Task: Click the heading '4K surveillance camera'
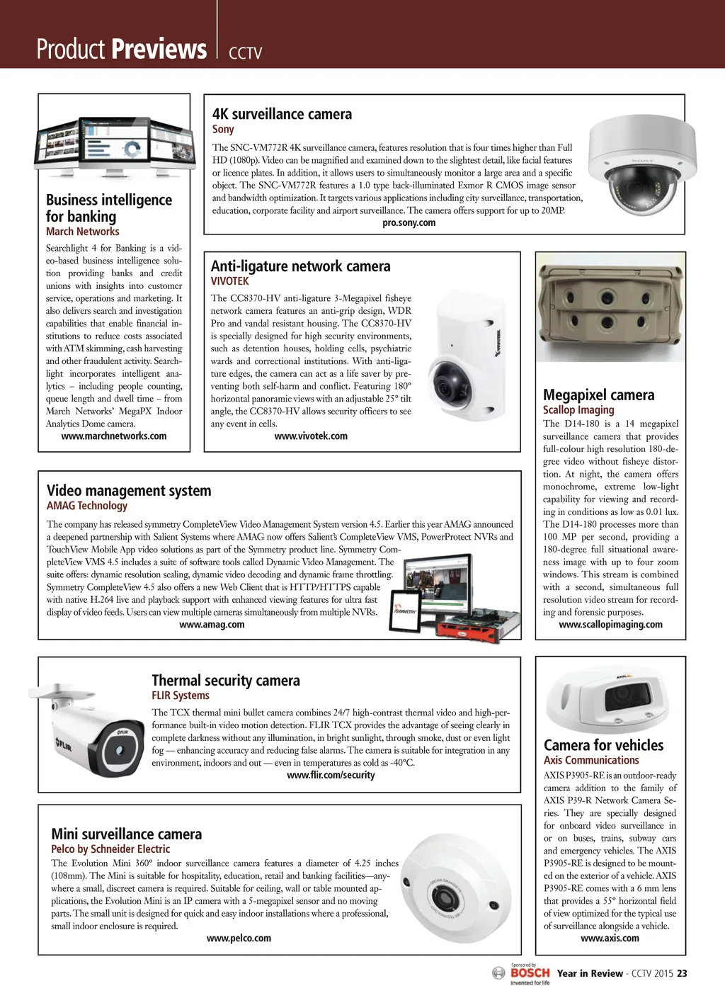[282, 114]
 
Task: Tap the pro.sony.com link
[409, 223]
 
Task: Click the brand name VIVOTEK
[230, 281]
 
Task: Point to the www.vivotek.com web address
[311, 436]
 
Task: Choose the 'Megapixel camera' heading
[598, 395]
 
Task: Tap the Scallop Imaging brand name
[578, 410]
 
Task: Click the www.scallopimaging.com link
[610, 625]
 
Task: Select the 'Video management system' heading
[129, 491]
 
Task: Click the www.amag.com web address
[212, 625]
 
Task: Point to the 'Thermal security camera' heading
[226, 681]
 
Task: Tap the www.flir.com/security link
[331, 776]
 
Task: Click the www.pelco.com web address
[239, 939]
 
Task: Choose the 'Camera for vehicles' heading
[603, 745]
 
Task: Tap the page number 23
[682, 974]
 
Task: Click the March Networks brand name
[83, 232]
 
